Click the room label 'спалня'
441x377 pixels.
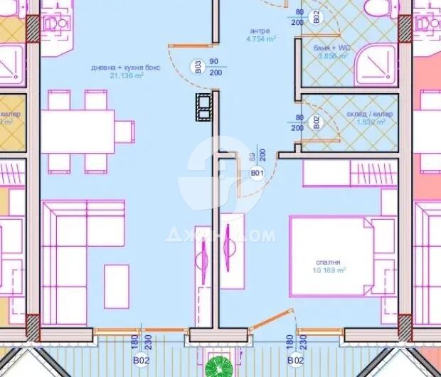coord(331,260)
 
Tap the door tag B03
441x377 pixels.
coord(197,68)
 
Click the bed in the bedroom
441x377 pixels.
coord(331,256)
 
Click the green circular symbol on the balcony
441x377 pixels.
coord(217,368)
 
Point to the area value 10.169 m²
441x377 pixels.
coord(330,270)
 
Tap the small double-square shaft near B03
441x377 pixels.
coord(204,107)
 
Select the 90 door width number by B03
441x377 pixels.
coord(213,62)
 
